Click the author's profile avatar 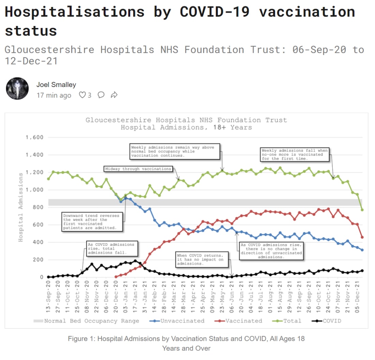[17, 88]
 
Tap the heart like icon [82, 95]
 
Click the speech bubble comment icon [101, 95]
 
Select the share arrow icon [114, 95]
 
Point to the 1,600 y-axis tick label [34, 138]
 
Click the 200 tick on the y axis [38, 260]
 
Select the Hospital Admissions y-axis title [21, 207]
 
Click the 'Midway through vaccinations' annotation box [138, 169]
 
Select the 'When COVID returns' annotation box [200, 259]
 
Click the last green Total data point [362, 210]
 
